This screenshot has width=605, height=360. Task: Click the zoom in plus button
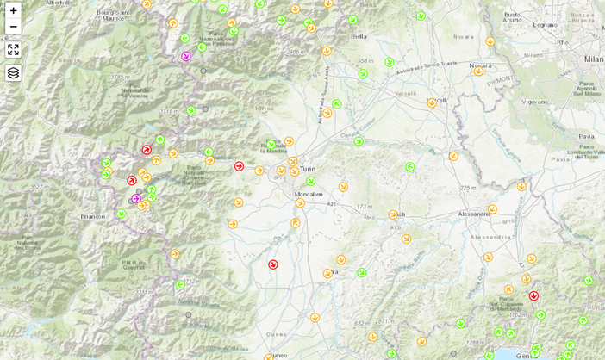pyautogui.click(x=13, y=10)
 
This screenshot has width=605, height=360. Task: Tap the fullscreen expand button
pyautogui.click(x=13, y=49)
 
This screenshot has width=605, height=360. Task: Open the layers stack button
pyautogui.click(x=13, y=72)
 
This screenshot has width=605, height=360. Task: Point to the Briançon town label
pyautogui.click(x=92, y=217)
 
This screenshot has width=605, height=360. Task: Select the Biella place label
pyautogui.click(x=359, y=37)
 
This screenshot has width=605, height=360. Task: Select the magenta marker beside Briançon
pyautogui.click(x=136, y=199)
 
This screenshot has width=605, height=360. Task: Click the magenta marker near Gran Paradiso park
pyautogui.click(x=186, y=56)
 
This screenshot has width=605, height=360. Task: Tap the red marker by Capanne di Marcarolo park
pyautogui.click(x=533, y=295)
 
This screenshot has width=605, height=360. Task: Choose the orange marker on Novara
pyautogui.click(x=478, y=71)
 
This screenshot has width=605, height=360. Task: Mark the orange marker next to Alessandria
pyautogui.click(x=492, y=208)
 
